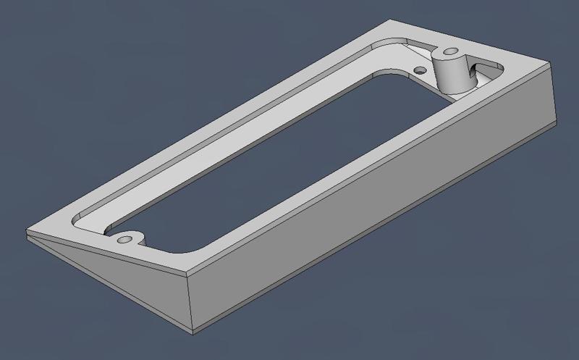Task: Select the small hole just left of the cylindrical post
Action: pyautogui.click(x=419, y=70)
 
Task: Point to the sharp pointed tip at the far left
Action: pyautogui.click(x=27, y=233)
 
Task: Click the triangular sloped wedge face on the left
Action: pyautogui.click(x=109, y=272)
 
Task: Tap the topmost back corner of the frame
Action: pyautogui.click(x=392, y=20)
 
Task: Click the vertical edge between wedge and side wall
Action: pyautogui.click(x=190, y=304)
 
